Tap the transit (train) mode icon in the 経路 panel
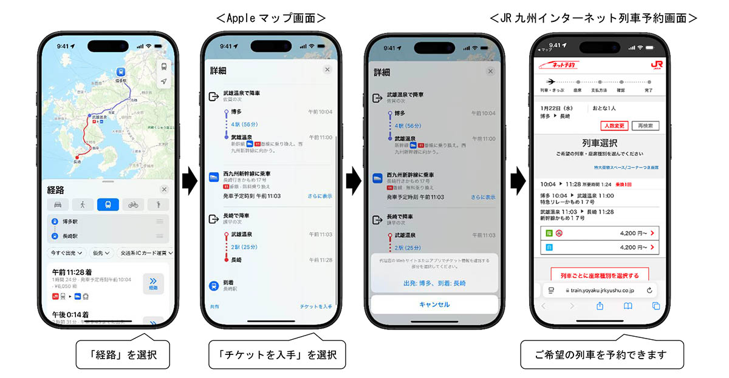[107, 205]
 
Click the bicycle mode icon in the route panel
[132, 205]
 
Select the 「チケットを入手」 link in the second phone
[316, 307]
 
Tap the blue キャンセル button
[434, 305]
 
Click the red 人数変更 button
[614, 126]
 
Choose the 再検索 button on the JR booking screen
[645, 126]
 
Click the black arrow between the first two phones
[190, 180]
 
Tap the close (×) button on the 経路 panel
[164, 189]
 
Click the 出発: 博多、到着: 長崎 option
[434, 283]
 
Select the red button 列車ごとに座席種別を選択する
[600, 275]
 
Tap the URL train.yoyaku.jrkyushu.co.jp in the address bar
[600, 291]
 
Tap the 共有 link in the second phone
[214, 307]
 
